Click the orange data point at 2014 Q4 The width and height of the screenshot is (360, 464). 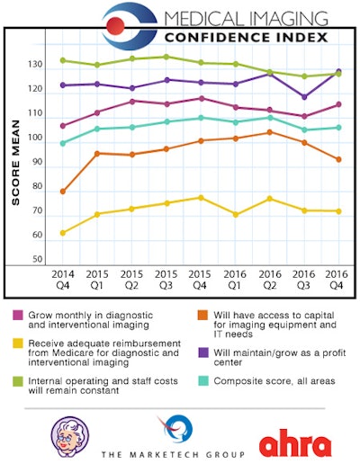click(x=63, y=192)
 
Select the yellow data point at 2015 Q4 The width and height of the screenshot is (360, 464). click(x=201, y=198)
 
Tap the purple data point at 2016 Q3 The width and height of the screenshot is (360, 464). click(x=304, y=97)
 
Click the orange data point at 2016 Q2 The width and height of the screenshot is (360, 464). click(x=269, y=132)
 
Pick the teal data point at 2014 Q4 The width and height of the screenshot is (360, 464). click(x=63, y=143)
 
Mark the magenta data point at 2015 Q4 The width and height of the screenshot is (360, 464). click(x=201, y=98)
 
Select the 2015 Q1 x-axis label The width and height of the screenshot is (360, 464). click(x=97, y=277)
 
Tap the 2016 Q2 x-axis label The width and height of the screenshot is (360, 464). click(x=269, y=277)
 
